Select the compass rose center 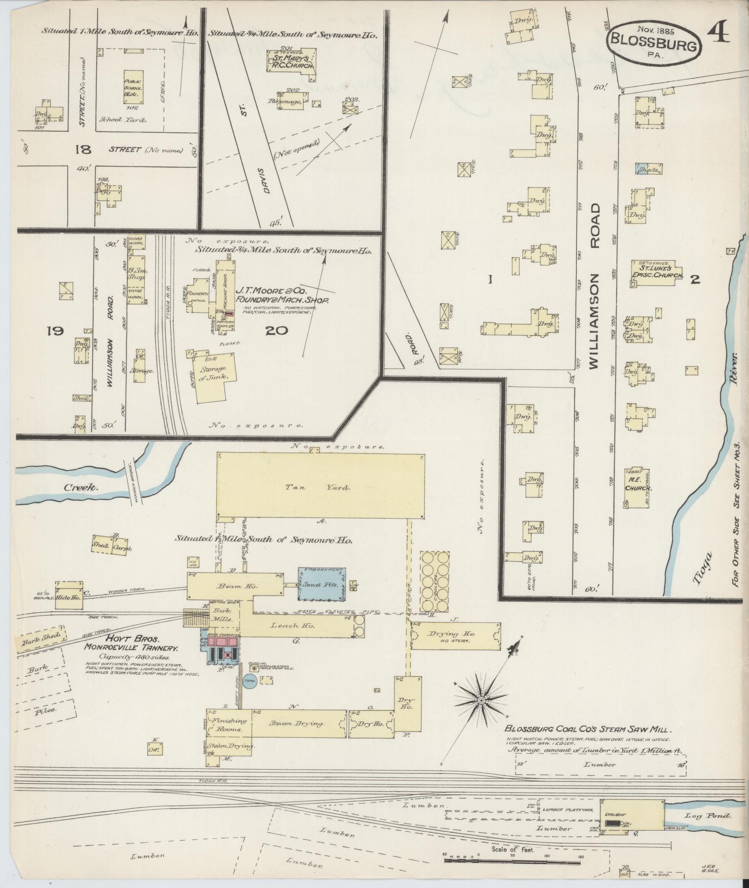pos(482,700)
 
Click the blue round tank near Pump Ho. pos(250,681)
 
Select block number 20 pos(277,331)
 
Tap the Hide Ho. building pos(69,598)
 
